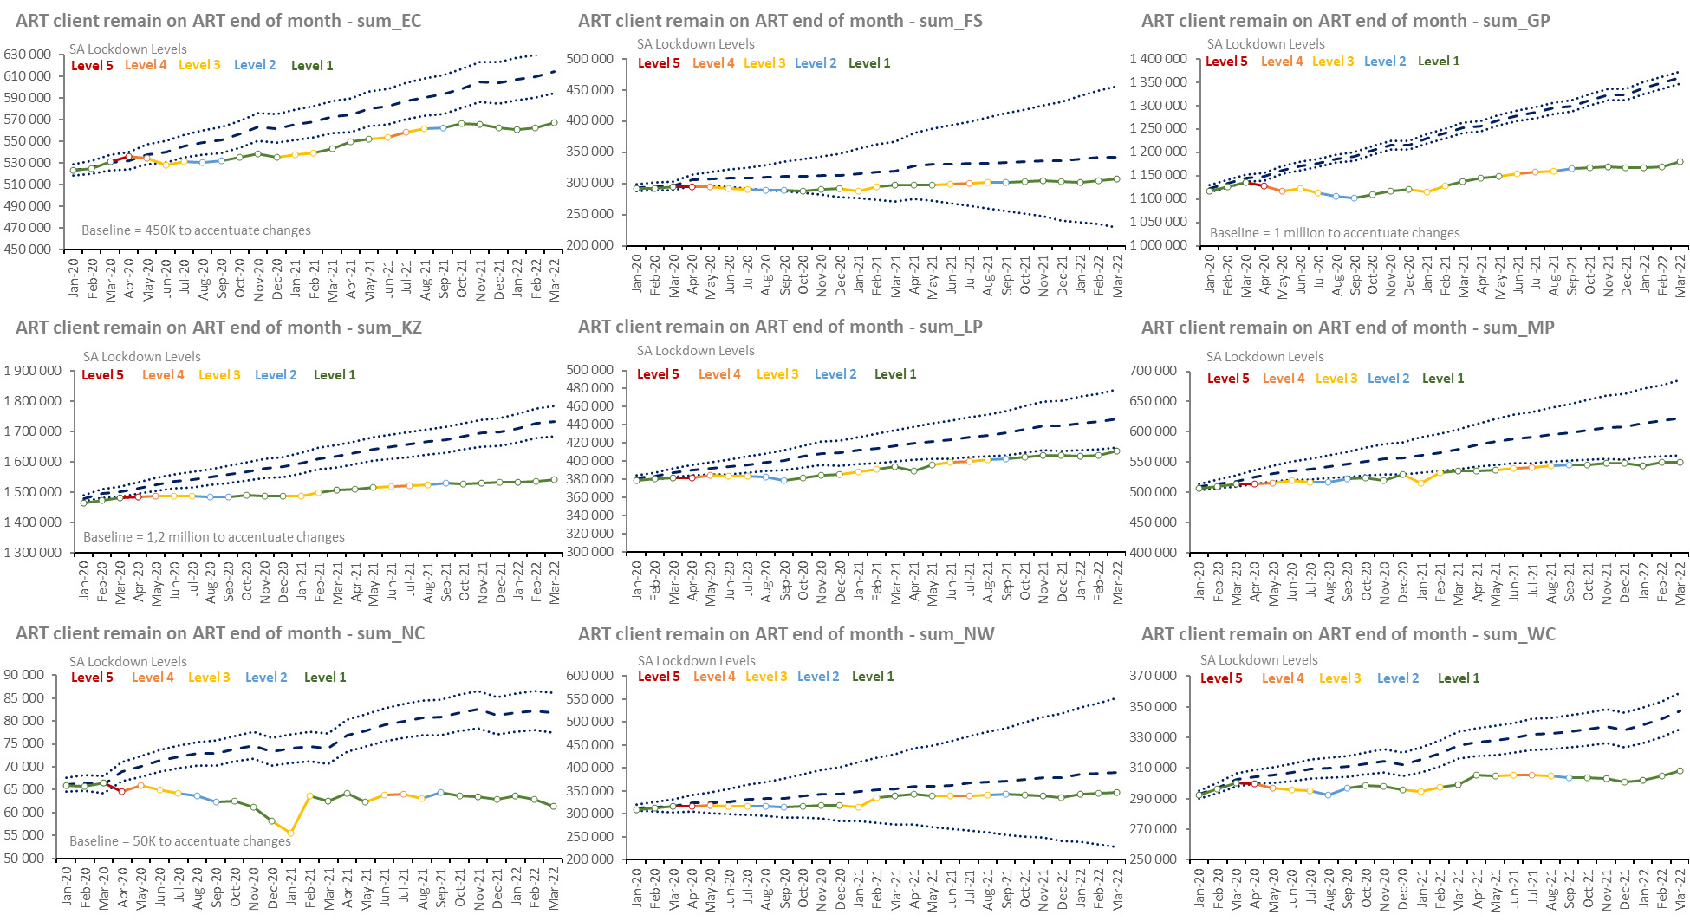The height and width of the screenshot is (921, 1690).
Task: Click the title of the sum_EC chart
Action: [218, 21]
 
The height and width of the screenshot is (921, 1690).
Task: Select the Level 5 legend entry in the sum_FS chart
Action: [659, 63]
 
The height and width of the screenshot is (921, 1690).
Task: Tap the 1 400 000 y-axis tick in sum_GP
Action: [1158, 59]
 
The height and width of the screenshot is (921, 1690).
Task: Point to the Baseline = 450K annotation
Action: [196, 230]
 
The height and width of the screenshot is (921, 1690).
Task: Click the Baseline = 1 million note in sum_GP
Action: [1334, 233]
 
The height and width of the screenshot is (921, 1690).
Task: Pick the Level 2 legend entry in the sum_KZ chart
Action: [276, 375]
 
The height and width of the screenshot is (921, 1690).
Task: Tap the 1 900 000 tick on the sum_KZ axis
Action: [33, 371]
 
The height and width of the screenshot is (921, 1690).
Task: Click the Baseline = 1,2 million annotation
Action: [213, 537]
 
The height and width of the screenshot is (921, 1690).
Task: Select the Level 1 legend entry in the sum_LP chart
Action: [895, 374]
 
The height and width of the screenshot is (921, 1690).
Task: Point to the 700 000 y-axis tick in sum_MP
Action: [1153, 371]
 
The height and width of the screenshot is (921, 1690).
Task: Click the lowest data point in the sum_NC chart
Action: [290, 833]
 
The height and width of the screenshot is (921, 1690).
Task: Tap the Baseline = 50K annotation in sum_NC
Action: [180, 841]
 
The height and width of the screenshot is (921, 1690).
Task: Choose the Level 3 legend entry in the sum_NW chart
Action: [766, 677]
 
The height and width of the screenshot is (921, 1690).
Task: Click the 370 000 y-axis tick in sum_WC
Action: [1153, 676]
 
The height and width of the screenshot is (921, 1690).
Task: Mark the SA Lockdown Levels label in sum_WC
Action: [1258, 660]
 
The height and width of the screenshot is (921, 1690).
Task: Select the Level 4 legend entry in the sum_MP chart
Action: [1284, 379]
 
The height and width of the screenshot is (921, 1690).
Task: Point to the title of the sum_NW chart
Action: [786, 634]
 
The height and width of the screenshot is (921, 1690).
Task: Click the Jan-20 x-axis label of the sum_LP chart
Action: [637, 579]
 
